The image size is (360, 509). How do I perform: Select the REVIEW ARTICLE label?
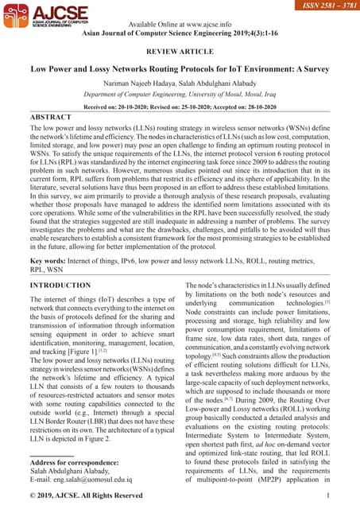tap(180, 51)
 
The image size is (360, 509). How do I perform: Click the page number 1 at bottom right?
tap(327, 497)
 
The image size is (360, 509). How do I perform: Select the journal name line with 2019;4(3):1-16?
tap(180, 33)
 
